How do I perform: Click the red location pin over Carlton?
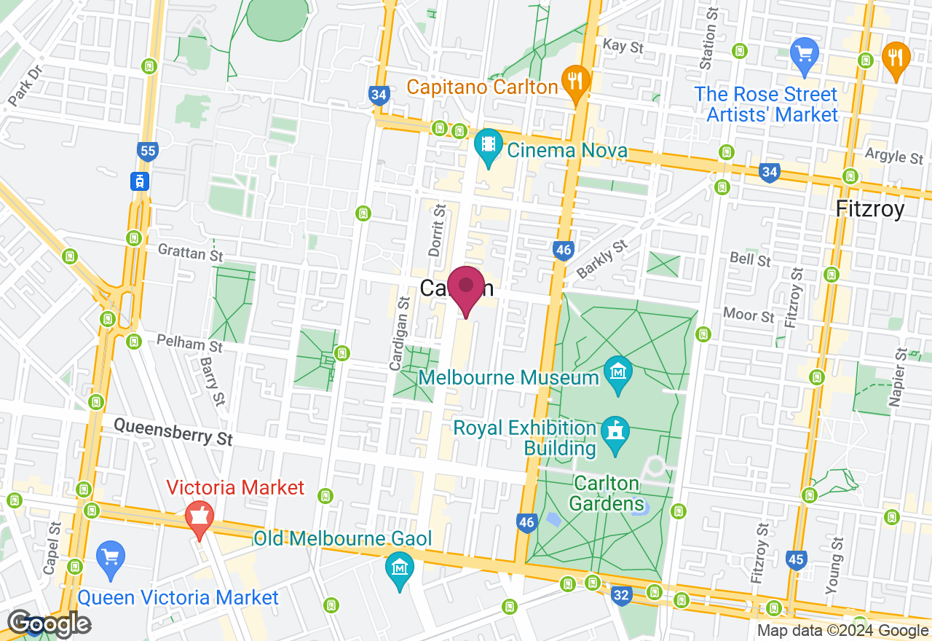pyautogui.click(x=466, y=287)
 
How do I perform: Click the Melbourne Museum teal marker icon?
pyautogui.click(x=618, y=374)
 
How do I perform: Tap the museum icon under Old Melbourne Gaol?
pyautogui.click(x=399, y=565)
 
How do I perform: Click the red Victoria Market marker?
pyautogui.click(x=199, y=518)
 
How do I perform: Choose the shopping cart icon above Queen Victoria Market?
pyautogui.click(x=111, y=558)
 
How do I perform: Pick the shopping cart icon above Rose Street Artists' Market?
pyautogui.click(x=805, y=55)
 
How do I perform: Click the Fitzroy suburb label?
pyautogui.click(x=870, y=209)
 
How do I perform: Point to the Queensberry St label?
pyautogui.click(x=173, y=431)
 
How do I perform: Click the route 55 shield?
pyautogui.click(x=148, y=152)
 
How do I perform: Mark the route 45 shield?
pyautogui.click(x=797, y=559)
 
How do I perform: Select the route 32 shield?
pyautogui.click(x=620, y=596)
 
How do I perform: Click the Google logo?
pyautogui.click(x=50, y=624)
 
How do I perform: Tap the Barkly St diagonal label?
pyautogui.click(x=601, y=259)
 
